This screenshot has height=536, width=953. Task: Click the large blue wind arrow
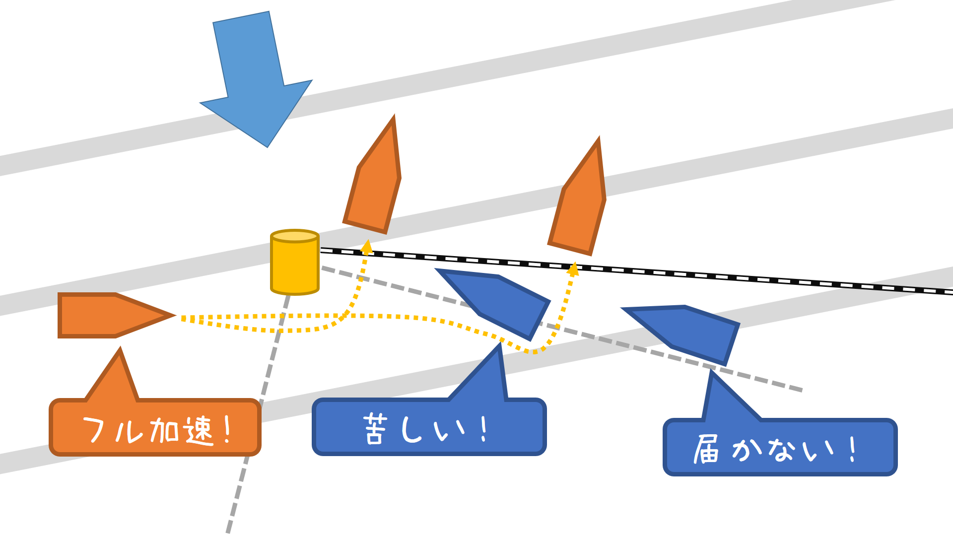tap(256, 79)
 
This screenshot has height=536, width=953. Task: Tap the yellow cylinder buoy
tap(294, 263)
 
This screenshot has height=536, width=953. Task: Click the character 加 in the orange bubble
tap(164, 430)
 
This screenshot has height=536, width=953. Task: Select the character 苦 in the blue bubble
tap(375, 429)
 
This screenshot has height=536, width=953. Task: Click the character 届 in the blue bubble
tap(706, 449)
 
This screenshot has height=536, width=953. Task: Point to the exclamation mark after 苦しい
tap(484, 429)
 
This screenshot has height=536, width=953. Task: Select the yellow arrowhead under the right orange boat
tap(573, 269)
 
